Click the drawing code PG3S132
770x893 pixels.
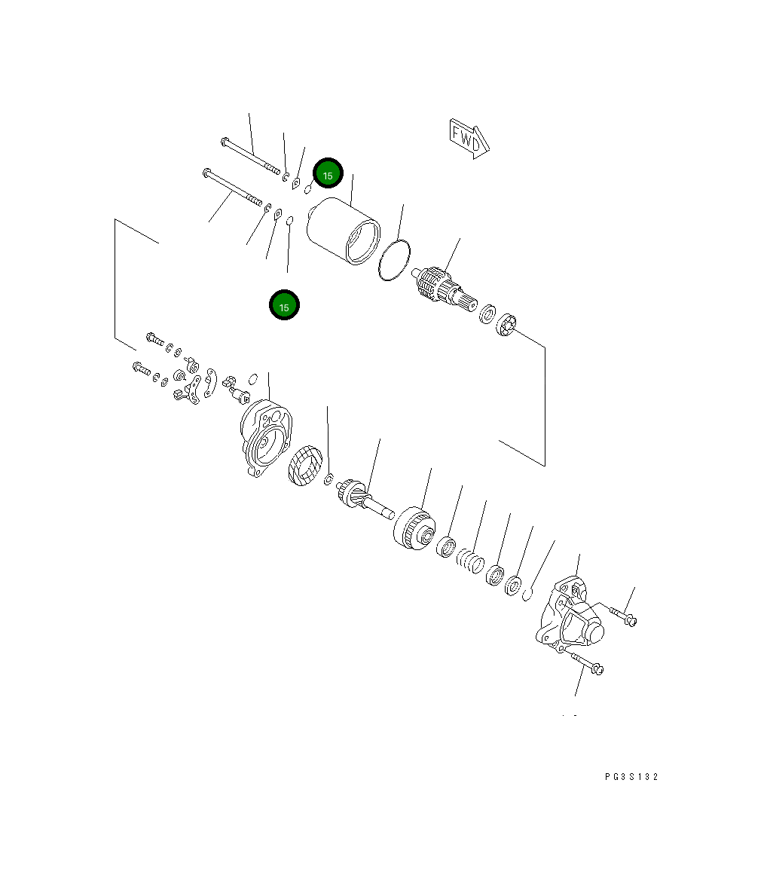[631, 777]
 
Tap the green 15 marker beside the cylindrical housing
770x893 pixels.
[328, 175]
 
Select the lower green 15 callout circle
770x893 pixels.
[284, 305]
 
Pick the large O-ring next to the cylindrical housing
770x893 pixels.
[395, 261]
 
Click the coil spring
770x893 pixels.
[470, 561]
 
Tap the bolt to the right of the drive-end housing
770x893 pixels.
[622, 616]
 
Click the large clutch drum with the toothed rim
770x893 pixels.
[412, 528]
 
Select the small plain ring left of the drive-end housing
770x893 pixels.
[528, 594]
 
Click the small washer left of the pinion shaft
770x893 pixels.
[328, 480]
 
